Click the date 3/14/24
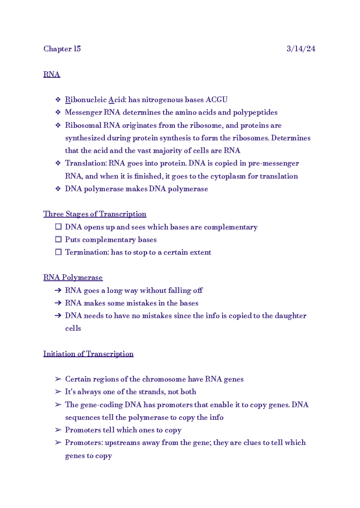tap(301, 49)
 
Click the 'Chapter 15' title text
tap(62, 49)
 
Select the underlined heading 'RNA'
tap(52, 74)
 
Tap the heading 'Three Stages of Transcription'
tap(95, 214)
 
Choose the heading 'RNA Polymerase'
tap(73, 277)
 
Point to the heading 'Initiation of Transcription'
tap(88, 354)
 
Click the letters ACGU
tap(216, 100)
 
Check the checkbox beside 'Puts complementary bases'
tap(58, 239)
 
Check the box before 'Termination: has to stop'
tap(58, 252)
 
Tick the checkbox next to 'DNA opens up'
tap(58, 227)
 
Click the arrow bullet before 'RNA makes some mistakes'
tap(58, 303)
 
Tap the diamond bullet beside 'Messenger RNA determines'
tap(58, 112)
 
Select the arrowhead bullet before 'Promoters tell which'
tap(58, 430)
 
